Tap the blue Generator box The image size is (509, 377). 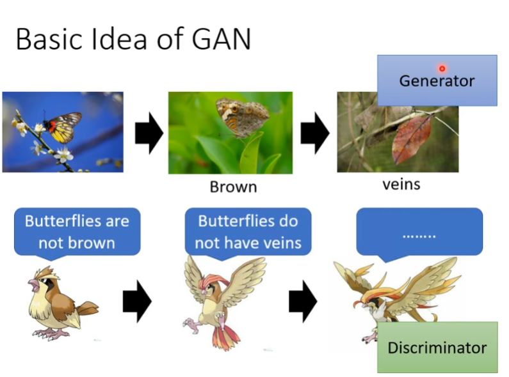point(437,81)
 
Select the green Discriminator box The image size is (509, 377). point(437,348)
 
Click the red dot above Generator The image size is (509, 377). point(442,68)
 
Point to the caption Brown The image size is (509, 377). point(233,187)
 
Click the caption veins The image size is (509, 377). point(401,185)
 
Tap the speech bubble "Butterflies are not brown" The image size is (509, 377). point(76,231)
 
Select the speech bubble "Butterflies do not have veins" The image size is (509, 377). point(247,231)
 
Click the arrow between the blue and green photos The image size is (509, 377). point(149,135)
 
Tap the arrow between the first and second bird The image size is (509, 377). point(136,301)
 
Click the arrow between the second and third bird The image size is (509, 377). point(303,301)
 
